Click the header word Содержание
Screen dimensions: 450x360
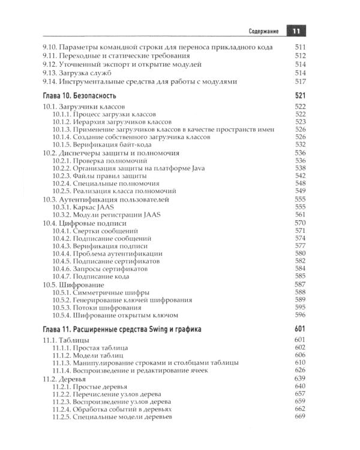pos(267,31)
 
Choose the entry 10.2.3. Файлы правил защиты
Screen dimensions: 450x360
pos(105,176)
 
